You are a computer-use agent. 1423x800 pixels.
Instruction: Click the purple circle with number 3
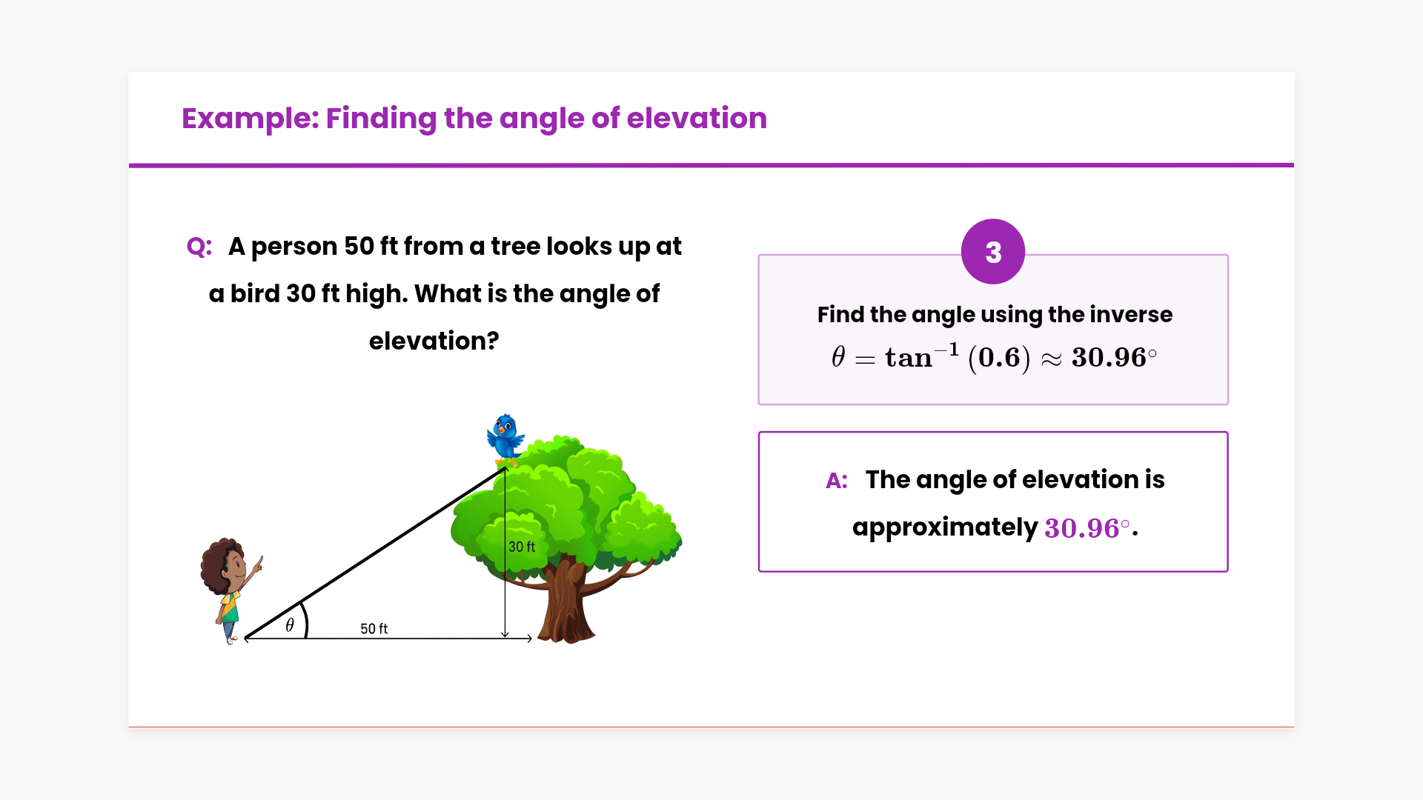(993, 252)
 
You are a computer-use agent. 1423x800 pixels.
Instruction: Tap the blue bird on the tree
(505, 439)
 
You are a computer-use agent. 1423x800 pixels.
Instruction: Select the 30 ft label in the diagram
(522, 547)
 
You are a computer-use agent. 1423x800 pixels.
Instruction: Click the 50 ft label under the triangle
(374, 629)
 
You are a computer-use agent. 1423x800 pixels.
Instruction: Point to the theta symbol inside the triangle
(290, 625)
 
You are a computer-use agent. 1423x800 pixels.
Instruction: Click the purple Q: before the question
(199, 247)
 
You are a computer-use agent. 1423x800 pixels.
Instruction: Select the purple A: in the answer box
(837, 481)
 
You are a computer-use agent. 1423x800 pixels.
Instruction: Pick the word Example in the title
(250, 119)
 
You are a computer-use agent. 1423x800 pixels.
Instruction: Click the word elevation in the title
(697, 119)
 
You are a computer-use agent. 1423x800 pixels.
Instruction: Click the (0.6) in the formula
(999, 359)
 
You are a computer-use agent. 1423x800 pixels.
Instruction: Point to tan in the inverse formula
(909, 359)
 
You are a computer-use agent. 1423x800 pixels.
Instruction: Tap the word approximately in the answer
(945, 528)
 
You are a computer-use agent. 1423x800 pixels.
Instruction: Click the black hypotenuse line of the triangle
(375, 553)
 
